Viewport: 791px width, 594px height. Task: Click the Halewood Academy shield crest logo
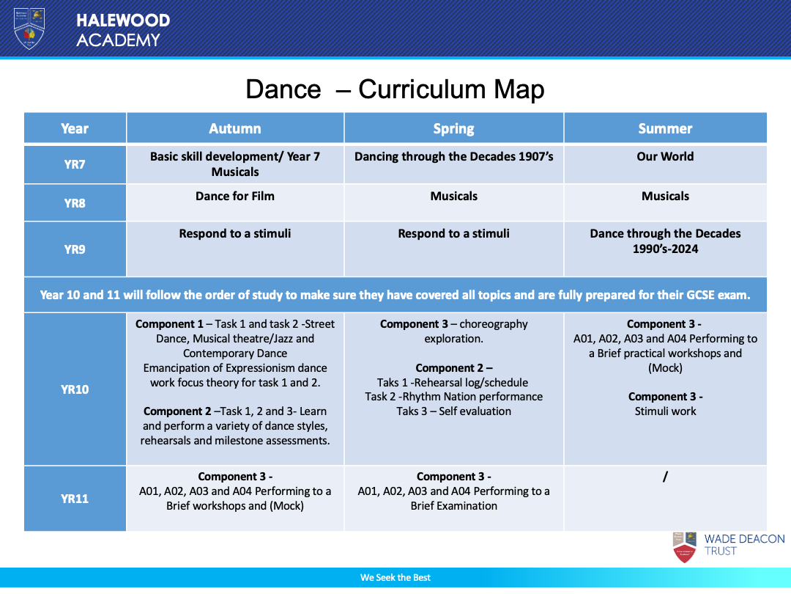(x=29, y=29)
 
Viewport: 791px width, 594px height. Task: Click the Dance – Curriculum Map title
(x=395, y=89)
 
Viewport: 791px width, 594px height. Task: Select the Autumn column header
(x=235, y=128)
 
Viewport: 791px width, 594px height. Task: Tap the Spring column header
(x=453, y=128)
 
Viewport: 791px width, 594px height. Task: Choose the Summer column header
(x=665, y=128)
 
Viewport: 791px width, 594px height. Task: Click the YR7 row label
(x=75, y=164)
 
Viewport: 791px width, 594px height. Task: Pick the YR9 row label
(x=75, y=249)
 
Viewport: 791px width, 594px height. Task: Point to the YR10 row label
(x=75, y=389)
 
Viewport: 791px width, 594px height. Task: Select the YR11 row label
(x=75, y=499)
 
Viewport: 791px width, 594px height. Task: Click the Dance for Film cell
(x=235, y=196)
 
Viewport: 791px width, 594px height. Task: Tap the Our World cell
(x=665, y=156)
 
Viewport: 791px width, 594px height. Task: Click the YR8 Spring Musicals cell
(x=453, y=196)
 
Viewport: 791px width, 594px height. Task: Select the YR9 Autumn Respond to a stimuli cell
(x=235, y=233)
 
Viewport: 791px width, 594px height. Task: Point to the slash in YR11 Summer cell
(x=665, y=477)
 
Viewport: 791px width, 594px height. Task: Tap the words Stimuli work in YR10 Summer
(x=665, y=411)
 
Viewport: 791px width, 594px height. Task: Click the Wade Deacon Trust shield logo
(x=684, y=547)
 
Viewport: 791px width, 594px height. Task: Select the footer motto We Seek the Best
(x=395, y=578)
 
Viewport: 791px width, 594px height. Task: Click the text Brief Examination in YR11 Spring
(x=453, y=506)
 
